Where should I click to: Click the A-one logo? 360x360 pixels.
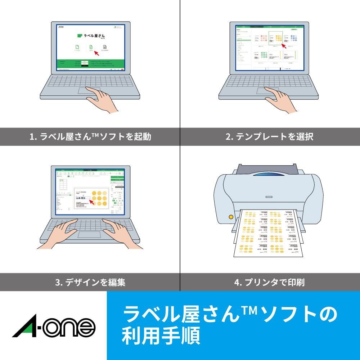(54, 326)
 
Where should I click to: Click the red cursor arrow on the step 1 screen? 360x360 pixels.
(95, 53)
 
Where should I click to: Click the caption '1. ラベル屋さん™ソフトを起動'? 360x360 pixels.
(90, 137)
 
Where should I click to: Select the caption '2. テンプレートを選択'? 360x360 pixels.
(270, 137)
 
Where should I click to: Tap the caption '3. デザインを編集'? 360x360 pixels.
(90, 282)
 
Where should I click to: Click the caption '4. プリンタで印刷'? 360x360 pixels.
(270, 282)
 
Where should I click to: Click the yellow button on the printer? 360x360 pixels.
(230, 217)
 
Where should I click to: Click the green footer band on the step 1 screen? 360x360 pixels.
(90, 64)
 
